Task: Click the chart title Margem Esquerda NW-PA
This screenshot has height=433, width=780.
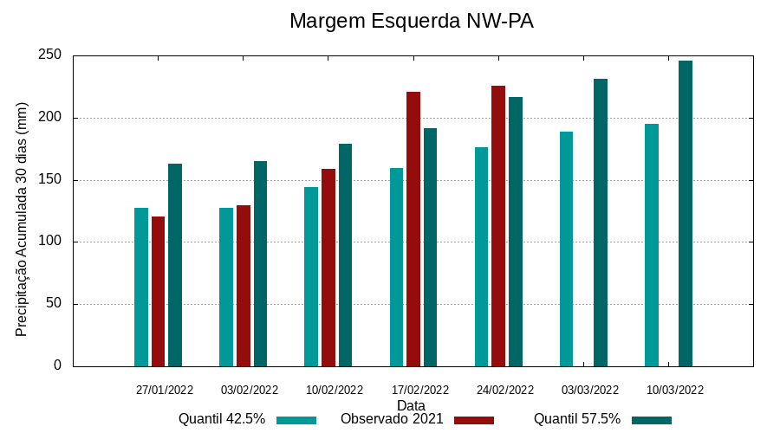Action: coord(411,22)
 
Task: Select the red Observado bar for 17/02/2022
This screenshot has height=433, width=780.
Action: coord(413,229)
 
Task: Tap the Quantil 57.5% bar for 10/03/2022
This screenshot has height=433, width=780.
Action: coord(686,213)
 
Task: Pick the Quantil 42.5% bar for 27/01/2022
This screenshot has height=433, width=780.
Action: coord(141,287)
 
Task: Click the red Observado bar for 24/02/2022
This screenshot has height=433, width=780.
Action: coord(498,226)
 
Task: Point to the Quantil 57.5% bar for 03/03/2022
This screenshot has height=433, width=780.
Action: coord(601,223)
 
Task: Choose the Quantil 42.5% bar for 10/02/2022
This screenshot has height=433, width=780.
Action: coord(311,276)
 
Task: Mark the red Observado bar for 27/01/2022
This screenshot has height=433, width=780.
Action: coord(158,291)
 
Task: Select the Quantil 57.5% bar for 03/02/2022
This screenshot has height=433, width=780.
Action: coord(260,263)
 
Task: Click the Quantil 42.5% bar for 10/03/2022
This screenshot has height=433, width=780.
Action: coord(652,245)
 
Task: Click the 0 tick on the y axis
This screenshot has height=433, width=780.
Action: coord(58,365)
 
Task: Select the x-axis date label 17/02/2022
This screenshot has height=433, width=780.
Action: coord(420,390)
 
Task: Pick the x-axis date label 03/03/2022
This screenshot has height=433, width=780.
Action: coord(590,390)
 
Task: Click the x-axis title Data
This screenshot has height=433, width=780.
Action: coord(411,405)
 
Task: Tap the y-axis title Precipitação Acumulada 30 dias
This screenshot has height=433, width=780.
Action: coord(23,220)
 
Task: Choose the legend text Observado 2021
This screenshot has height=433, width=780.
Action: coord(392,419)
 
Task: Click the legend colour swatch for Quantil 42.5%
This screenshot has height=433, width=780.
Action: coord(296,420)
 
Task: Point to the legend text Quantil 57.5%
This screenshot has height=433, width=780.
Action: coord(577,419)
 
